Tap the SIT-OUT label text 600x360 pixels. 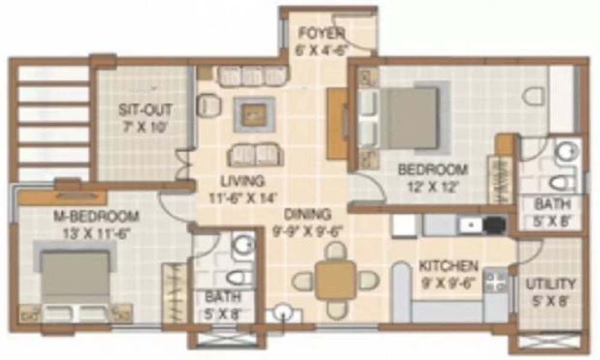(145, 110)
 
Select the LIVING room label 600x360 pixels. (241, 181)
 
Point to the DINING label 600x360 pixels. (308, 214)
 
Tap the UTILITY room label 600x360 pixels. (550, 283)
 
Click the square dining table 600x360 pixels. (335, 280)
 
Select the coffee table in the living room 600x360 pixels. (254, 114)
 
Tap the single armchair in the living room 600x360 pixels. (210, 106)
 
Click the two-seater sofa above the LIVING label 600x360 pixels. (255, 154)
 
